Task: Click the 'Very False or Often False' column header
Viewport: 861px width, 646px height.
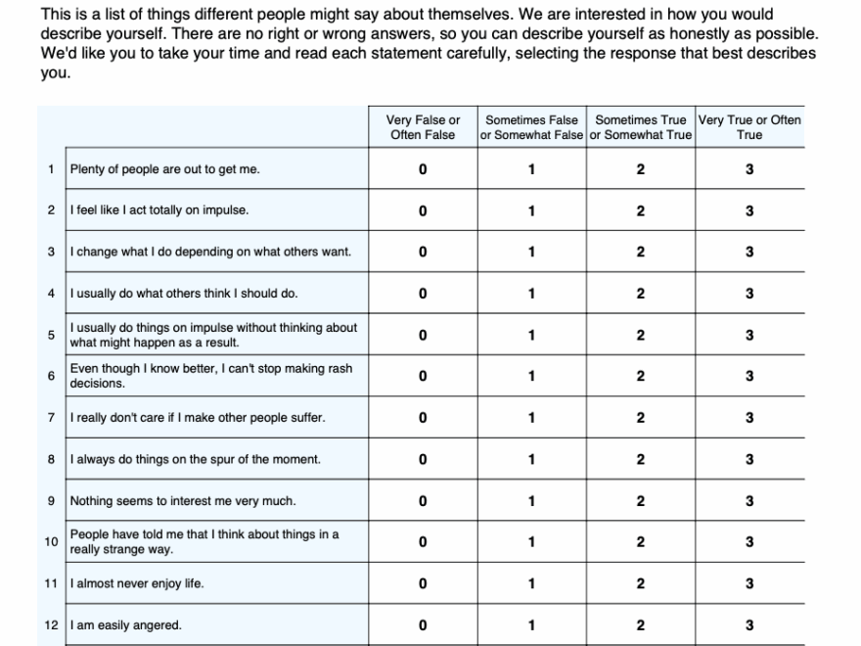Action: pyautogui.click(x=423, y=127)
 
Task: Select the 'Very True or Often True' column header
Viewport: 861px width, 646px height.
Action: pyautogui.click(x=749, y=127)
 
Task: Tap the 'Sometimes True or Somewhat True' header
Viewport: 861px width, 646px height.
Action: pyautogui.click(x=641, y=127)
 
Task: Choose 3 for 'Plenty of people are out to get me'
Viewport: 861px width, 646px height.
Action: pyautogui.click(x=749, y=169)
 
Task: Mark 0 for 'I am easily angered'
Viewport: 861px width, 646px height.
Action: pyautogui.click(x=423, y=625)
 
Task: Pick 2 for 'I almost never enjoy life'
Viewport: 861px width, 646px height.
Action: pyautogui.click(x=641, y=584)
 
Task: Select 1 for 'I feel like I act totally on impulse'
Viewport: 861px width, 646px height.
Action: pyautogui.click(x=531, y=210)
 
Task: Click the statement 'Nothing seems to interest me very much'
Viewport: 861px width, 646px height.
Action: pyautogui.click(x=183, y=501)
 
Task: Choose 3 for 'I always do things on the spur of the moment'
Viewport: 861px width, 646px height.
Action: pyautogui.click(x=749, y=459)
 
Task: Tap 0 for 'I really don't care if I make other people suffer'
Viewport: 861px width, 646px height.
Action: pyautogui.click(x=423, y=418)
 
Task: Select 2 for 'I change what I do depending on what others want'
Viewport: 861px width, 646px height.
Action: pyautogui.click(x=641, y=252)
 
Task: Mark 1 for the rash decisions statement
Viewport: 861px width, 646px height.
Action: pyautogui.click(x=531, y=376)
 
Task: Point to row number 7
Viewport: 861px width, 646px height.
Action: pyautogui.click(x=50, y=418)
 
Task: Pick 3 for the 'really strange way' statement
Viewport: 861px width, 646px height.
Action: pyautogui.click(x=749, y=542)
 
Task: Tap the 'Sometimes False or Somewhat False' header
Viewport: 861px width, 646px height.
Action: pyautogui.click(x=531, y=127)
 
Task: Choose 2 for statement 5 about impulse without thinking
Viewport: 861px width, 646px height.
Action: pyautogui.click(x=641, y=335)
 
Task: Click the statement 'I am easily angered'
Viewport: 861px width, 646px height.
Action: pyautogui.click(x=126, y=625)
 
